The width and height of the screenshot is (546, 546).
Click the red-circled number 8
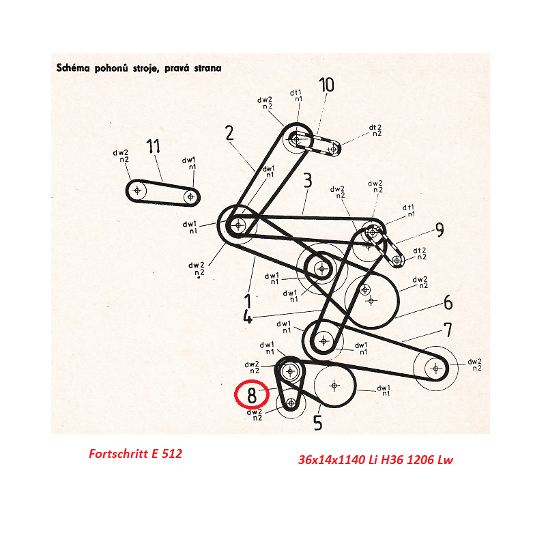coord(252,395)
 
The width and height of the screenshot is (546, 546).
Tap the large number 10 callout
coord(327,85)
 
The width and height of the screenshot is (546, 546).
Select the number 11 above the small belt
coord(153,146)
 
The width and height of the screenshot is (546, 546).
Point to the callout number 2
coord(229,133)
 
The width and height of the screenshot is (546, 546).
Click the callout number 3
coord(308,180)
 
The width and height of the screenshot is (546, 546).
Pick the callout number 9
coord(440,230)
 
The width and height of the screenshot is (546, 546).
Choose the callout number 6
coord(448,302)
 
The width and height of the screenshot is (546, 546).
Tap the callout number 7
coord(448,330)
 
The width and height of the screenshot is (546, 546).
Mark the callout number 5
coord(318,422)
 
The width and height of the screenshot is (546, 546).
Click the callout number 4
coord(248,317)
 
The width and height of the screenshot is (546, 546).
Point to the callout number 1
coord(248,301)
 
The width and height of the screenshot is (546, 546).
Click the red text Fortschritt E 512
coord(135,453)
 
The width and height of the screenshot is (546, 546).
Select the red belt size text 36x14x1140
coord(332,460)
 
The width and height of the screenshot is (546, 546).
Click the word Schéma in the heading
coord(73,68)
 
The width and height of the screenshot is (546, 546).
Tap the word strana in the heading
coord(208,68)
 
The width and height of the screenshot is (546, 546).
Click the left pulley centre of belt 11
coord(137,190)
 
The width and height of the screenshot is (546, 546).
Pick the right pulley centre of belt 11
coord(190,197)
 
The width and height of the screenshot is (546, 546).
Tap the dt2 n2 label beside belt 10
coord(376,130)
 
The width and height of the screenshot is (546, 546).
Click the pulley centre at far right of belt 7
coord(436,368)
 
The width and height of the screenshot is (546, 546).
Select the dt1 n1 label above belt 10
coord(296,96)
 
